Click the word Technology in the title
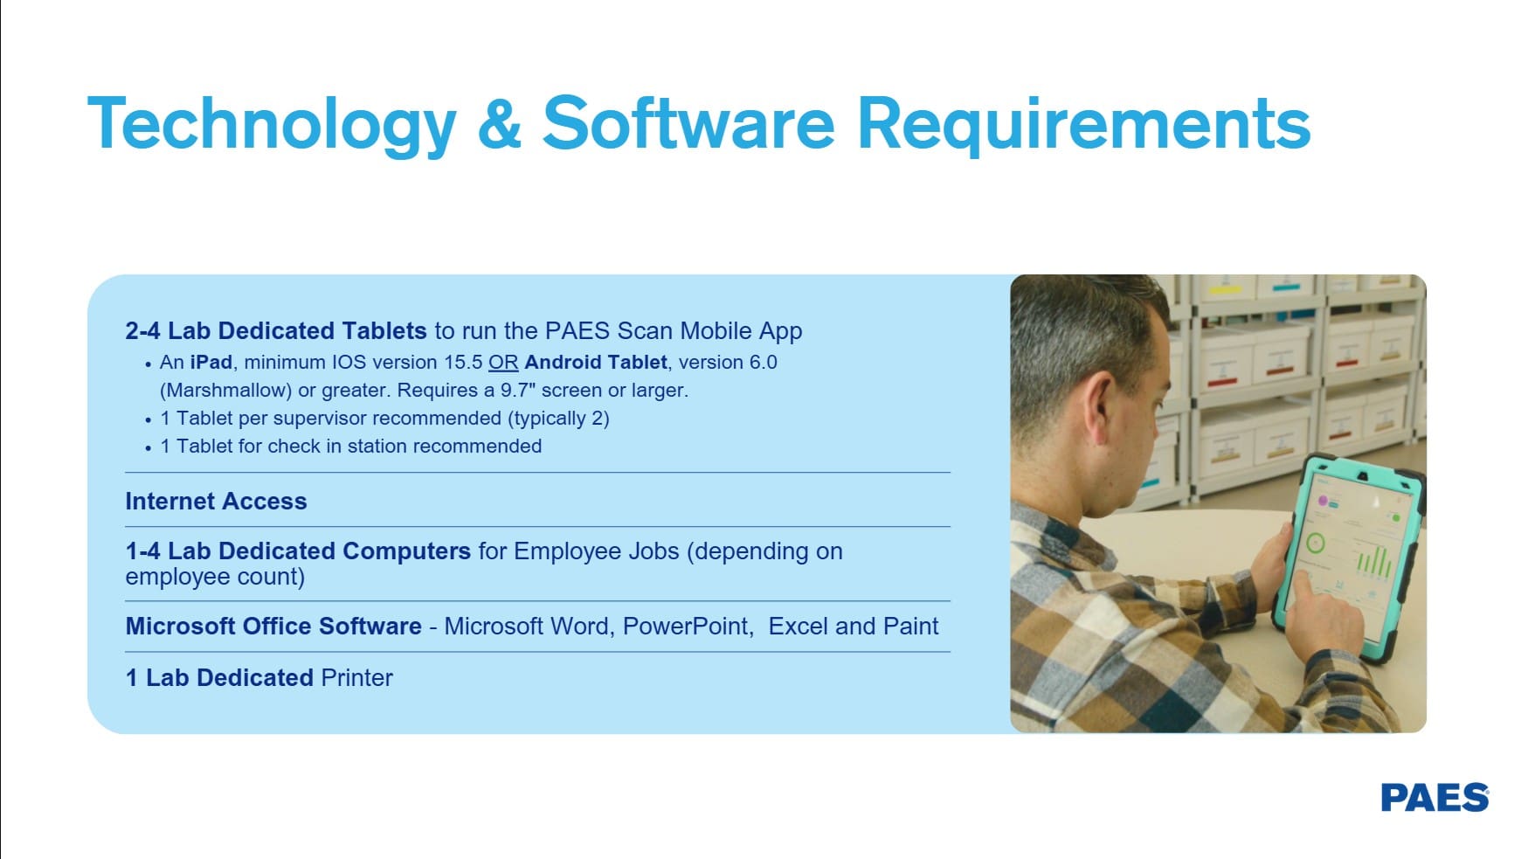(x=272, y=124)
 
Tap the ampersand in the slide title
(x=500, y=123)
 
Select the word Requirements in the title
(x=1083, y=123)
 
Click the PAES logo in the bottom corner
(x=1435, y=798)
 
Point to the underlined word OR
(x=503, y=363)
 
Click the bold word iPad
(x=211, y=363)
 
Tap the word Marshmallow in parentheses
(x=226, y=391)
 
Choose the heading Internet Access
(x=216, y=502)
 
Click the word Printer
(x=357, y=678)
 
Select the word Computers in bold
(x=406, y=551)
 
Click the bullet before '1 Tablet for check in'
(x=149, y=448)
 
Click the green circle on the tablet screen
(x=1315, y=544)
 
